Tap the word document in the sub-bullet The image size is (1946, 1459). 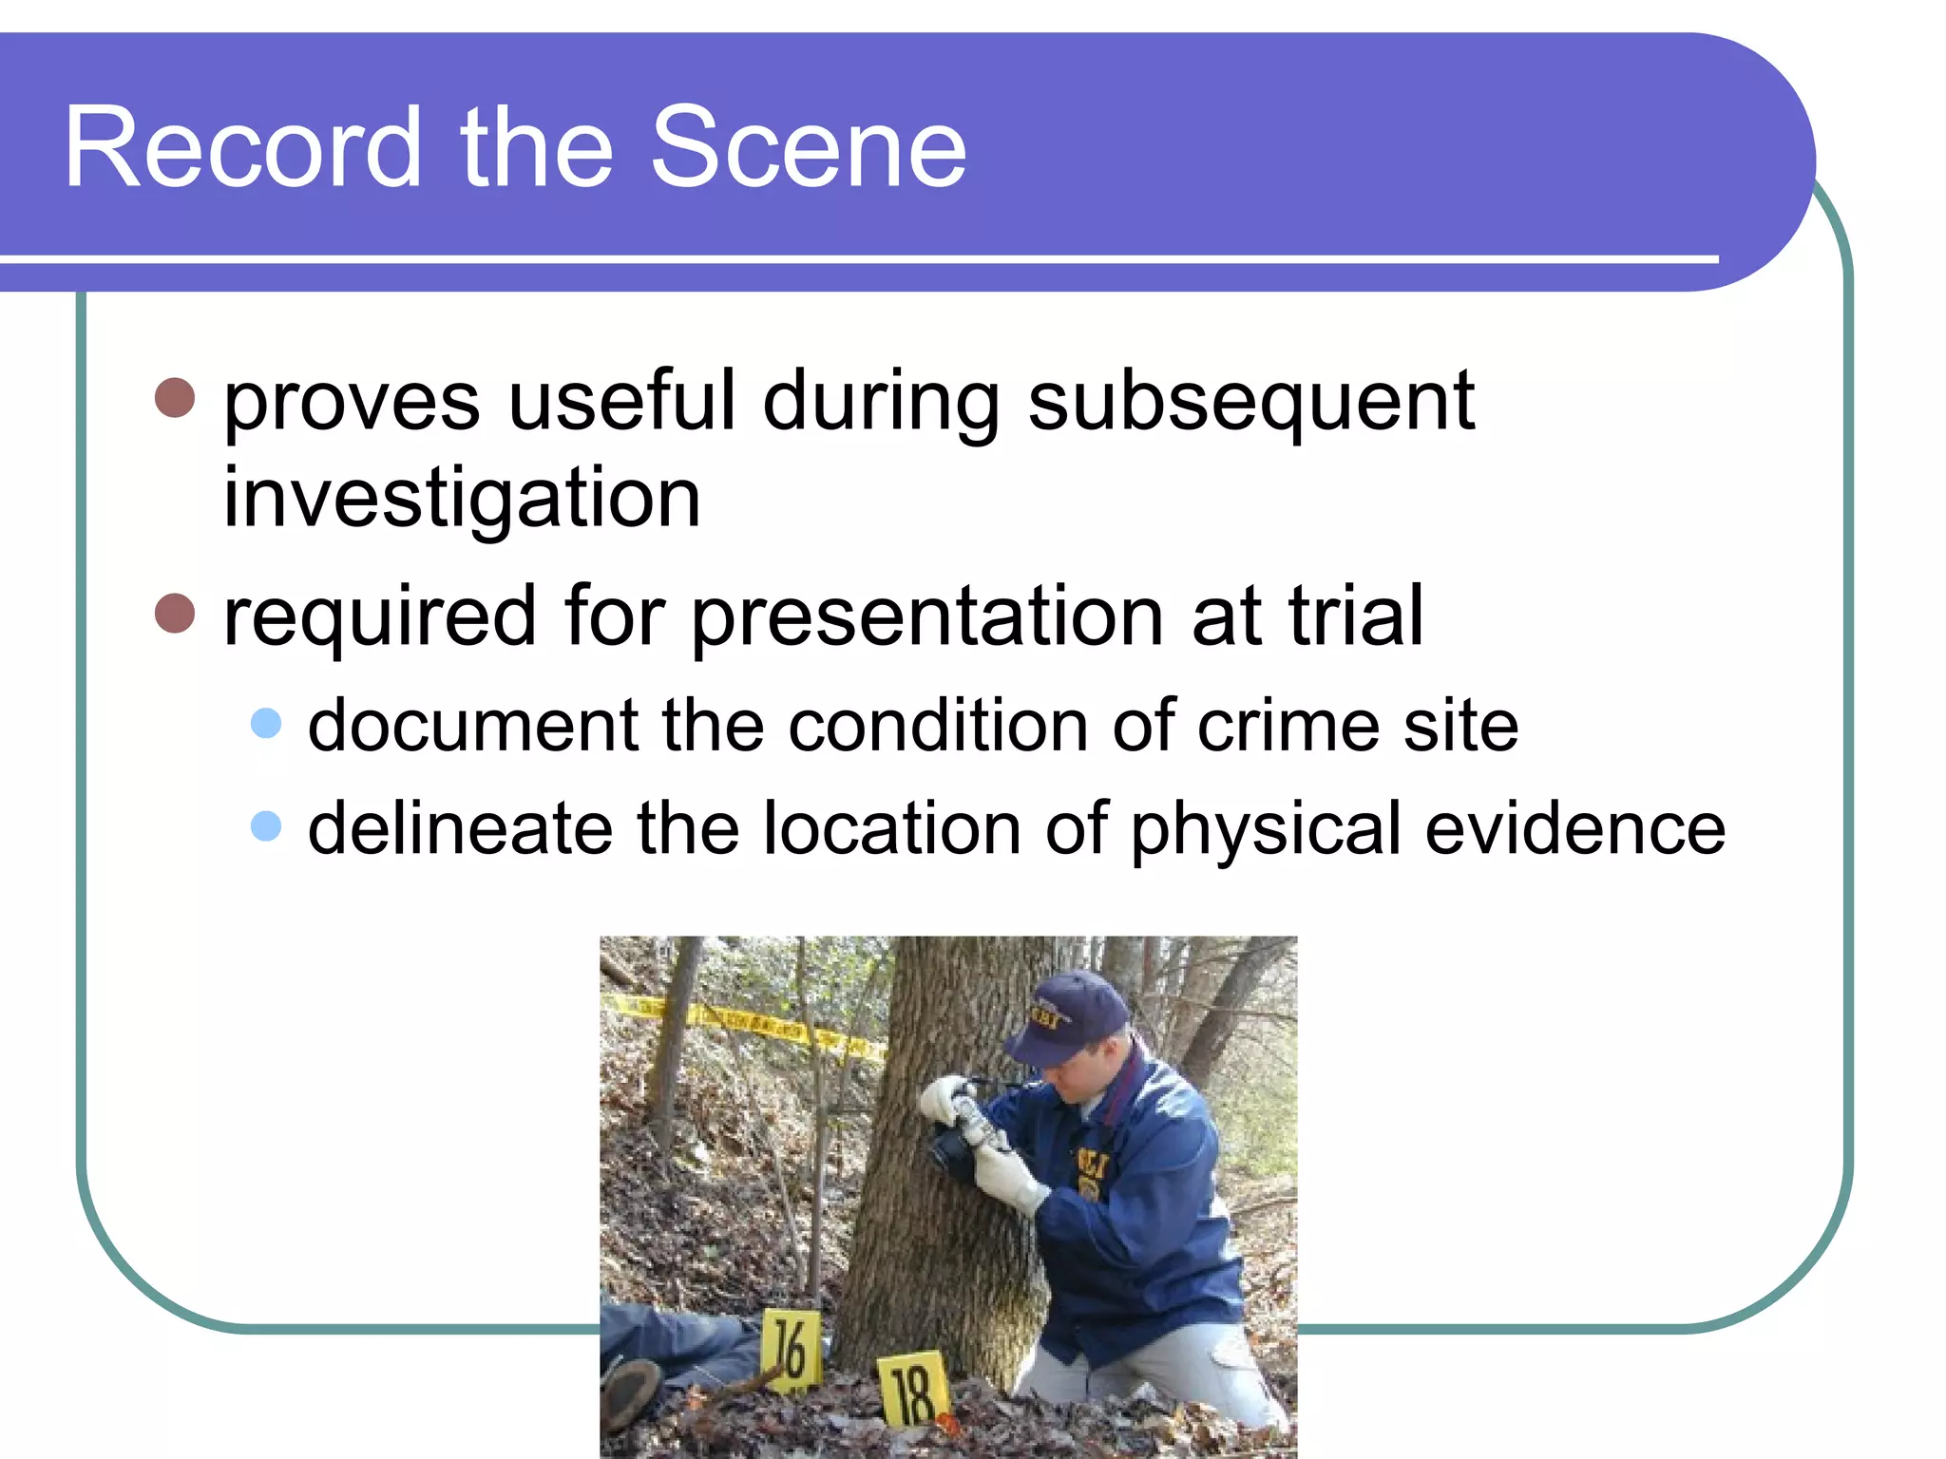473,726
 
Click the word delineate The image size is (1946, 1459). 460,828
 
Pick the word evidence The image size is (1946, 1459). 1574,828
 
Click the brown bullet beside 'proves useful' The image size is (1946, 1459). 175,398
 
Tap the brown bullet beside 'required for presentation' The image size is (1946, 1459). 175,614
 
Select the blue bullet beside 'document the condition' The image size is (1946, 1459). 266,724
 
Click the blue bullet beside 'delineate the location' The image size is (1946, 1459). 266,826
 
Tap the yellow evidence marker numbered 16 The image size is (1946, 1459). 791,1350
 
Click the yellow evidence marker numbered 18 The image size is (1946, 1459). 913,1389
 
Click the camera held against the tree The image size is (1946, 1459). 969,1130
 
